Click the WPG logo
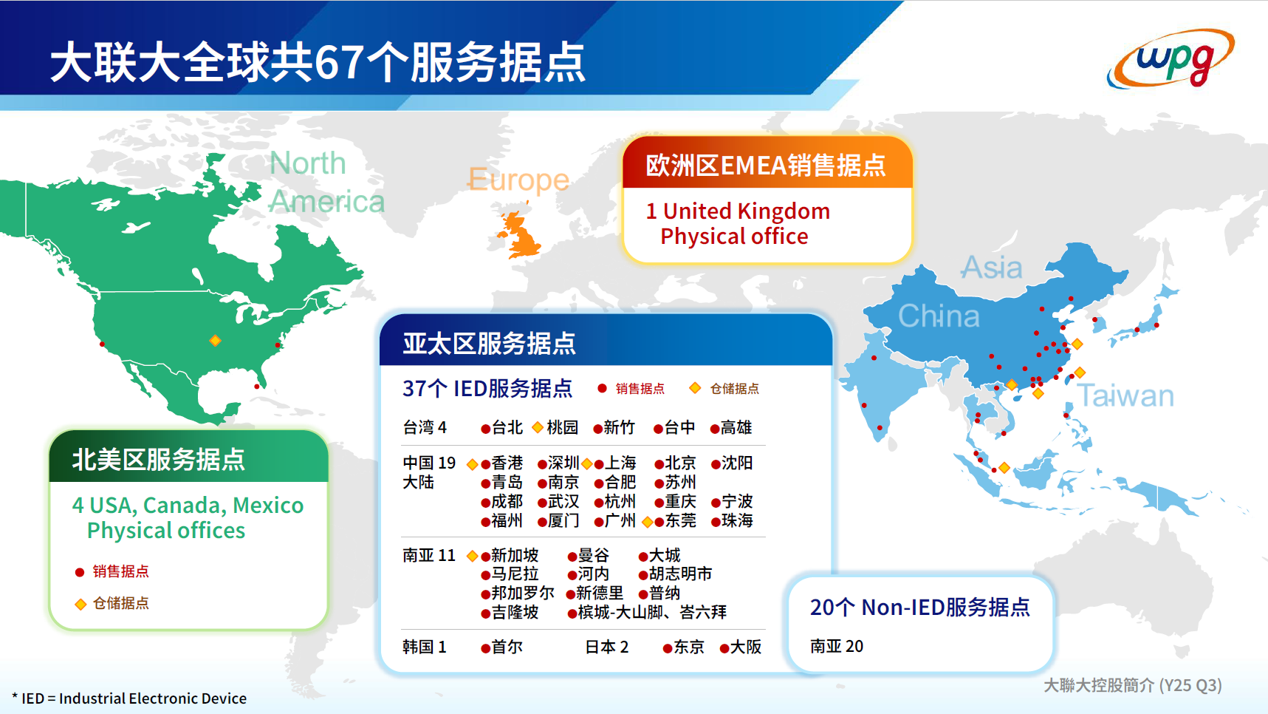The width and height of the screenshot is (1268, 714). (1172, 58)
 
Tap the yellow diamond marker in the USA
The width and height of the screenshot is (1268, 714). (215, 341)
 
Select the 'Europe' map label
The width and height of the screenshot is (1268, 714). (518, 180)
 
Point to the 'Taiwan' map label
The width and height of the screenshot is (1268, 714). (1125, 396)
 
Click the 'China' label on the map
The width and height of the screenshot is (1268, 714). (939, 316)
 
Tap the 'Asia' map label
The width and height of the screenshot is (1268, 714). (992, 268)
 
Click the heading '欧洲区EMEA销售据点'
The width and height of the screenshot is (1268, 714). (766, 166)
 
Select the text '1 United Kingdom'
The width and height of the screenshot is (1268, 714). (738, 211)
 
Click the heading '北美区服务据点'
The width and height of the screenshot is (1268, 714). (158, 460)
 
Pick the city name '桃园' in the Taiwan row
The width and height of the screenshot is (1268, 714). (562, 428)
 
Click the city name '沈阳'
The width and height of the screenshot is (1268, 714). (736, 463)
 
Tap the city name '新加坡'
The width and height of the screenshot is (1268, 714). (515, 556)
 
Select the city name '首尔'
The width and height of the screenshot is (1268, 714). (507, 647)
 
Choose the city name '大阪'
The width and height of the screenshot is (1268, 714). (746, 647)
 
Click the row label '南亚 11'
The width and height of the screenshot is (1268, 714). (429, 556)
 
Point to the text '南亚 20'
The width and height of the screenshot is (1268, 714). (837, 647)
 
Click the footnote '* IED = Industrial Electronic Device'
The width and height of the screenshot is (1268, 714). (129, 698)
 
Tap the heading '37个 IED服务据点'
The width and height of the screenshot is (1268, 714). (487, 389)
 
